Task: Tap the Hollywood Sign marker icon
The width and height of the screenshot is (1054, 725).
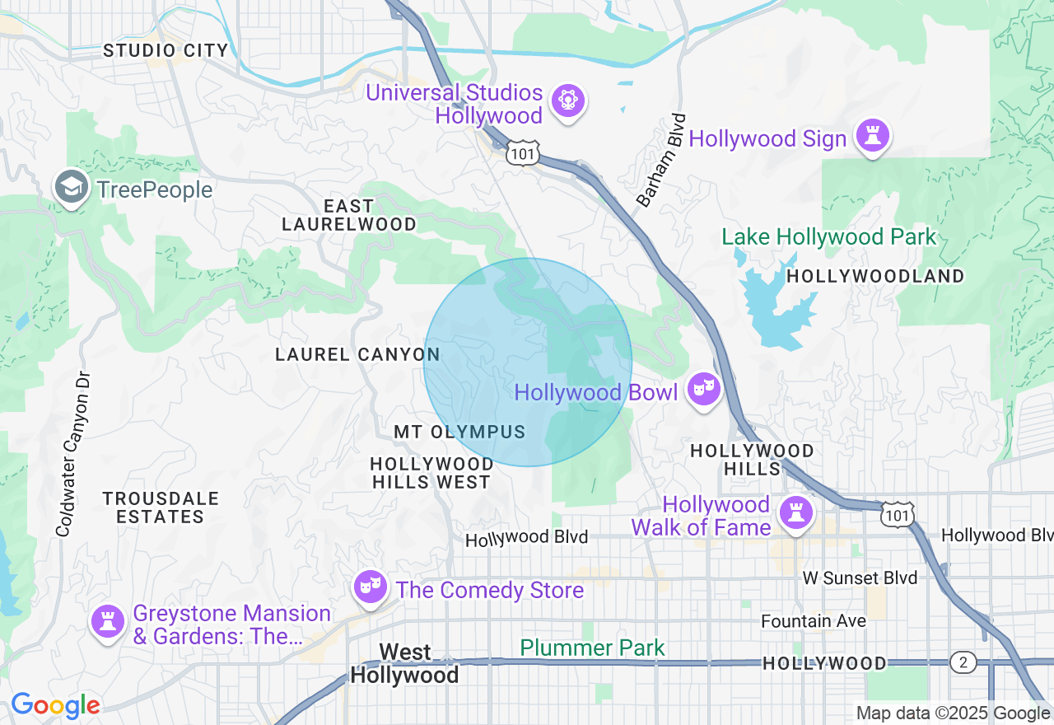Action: (871, 136)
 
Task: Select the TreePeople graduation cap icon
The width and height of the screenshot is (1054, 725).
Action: (72, 189)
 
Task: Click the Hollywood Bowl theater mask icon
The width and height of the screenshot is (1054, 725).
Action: (702, 389)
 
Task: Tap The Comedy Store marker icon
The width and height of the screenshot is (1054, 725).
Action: (370, 587)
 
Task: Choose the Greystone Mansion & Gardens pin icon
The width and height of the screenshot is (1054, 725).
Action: (107, 620)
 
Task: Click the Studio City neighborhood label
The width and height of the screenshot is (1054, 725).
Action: (166, 51)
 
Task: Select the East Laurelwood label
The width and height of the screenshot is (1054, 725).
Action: (348, 215)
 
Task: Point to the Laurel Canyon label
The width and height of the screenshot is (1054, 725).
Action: (357, 354)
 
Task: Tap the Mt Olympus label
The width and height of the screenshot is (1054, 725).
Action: (459, 433)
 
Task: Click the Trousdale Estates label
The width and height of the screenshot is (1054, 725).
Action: (161, 507)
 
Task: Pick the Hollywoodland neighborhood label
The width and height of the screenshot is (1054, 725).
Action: (875, 277)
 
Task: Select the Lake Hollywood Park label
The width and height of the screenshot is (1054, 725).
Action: (828, 237)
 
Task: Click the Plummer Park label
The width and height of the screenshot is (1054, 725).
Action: (592, 648)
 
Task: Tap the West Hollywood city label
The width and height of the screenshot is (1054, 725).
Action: (405, 664)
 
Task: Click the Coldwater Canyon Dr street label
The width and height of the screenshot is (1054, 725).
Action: (75, 453)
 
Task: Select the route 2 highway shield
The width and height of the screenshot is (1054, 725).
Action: (962, 662)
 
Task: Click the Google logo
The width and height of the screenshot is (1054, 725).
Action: (55, 706)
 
